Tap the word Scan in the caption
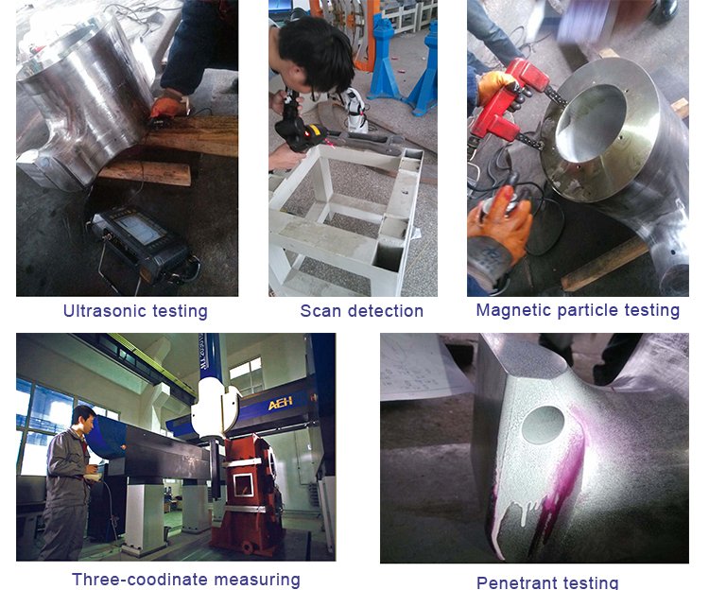pos(320,311)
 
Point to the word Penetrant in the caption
pos(514,582)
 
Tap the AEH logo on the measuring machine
pos(281,403)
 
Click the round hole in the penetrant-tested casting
pos(543,425)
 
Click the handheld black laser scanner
pos(300,127)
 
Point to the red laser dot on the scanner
pos(307,134)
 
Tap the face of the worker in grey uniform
pos(89,425)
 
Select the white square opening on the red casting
pos(244,485)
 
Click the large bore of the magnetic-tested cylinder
pos(590,123)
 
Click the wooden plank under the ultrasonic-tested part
pos(146,172)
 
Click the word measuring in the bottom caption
pos(257,580)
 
